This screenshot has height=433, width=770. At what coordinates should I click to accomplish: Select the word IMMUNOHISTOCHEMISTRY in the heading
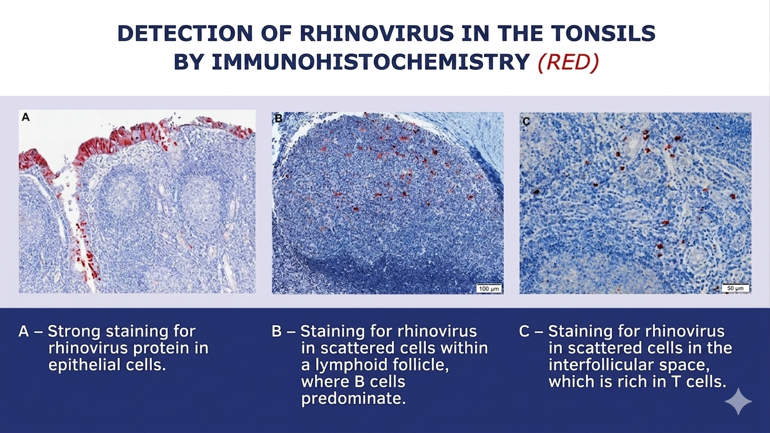tap(370, 62)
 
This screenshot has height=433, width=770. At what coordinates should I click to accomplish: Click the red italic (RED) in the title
tap(568, 63)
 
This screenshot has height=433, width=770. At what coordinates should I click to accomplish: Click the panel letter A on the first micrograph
tap(26, 117)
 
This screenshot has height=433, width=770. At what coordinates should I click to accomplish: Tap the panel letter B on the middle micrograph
tap(279, 118)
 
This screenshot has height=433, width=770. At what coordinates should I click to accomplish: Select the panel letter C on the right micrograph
tap(526, 121)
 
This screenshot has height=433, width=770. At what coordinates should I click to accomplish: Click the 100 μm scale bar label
tap(489, 289)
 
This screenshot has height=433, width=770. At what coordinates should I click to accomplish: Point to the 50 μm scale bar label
tap(735, 288)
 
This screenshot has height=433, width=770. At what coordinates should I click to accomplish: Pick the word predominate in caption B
tap(353, 398)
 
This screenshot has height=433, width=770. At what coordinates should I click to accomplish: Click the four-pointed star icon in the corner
tap(738, 401)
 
